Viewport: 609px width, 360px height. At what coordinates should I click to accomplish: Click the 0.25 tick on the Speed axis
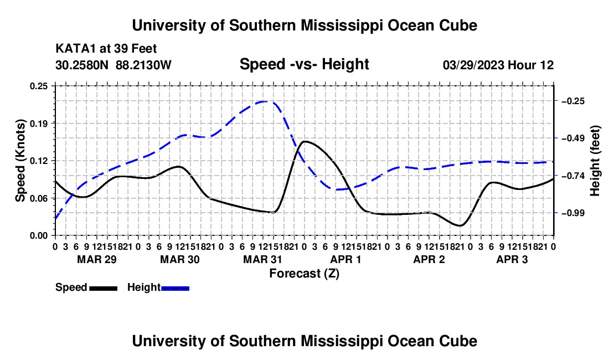38,86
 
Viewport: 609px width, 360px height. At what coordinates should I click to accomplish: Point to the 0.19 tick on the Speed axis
38,124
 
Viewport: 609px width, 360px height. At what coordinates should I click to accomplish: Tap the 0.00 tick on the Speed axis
38,236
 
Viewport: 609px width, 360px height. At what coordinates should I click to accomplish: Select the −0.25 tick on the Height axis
573,101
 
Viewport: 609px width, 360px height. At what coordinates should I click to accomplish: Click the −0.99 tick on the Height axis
573,213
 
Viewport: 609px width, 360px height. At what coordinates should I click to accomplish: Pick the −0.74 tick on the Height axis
573,176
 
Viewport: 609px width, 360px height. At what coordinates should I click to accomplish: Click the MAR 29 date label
97,259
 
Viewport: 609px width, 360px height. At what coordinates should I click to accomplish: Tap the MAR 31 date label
262,259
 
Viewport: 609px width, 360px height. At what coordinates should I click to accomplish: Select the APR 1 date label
345,259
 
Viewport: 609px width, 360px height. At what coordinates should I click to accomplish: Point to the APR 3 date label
512,259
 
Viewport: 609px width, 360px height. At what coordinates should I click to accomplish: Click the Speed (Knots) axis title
20,161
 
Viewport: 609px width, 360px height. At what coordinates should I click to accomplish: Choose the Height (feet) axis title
595,161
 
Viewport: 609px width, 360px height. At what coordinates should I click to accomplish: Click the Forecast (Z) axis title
304,274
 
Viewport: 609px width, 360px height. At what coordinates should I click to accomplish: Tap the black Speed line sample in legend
104,288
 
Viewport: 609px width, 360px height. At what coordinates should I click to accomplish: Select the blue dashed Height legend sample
175,288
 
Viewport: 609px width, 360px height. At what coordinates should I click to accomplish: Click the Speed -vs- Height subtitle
304,64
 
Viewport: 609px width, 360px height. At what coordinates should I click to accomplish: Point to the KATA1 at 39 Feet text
106,49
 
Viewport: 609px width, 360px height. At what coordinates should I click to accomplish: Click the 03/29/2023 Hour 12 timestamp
498,65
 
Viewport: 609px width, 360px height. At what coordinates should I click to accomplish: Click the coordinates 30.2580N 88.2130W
113,65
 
